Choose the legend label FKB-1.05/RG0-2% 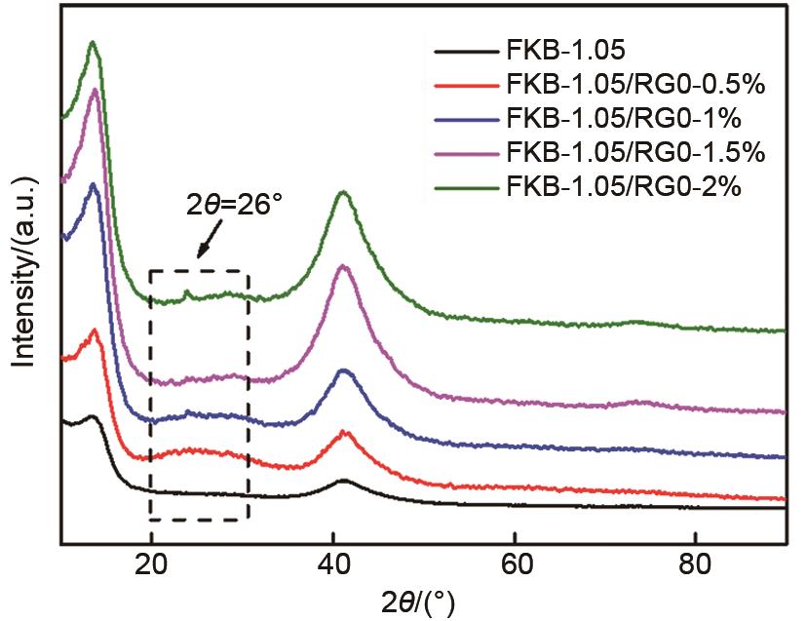tap(625, 184)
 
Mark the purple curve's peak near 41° tap(342, 265)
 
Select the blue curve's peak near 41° tap(342, 370)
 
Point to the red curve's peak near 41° tap(342, 432)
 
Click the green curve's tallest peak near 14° tap(93, 43)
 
